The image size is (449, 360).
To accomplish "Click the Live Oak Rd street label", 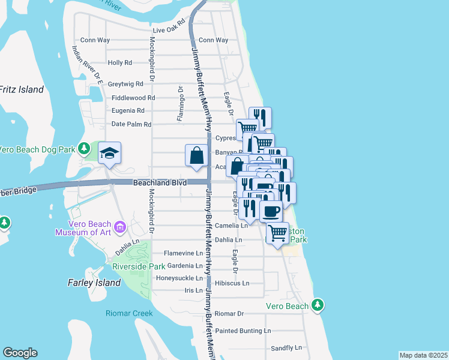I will pyautogui.click(x=170, y=29).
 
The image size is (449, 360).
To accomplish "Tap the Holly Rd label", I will pyautogui.click(x=120, y=62).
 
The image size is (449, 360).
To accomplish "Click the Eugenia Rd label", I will pyautogui.click(x=128, y=110).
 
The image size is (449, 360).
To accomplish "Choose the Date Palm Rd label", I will pyautogui.click(x=131, y=124).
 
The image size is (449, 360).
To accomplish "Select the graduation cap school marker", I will pyautogui.click(x=110, y=154).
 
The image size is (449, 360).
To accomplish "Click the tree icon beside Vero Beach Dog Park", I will pyautogui.click(x=85, y=148).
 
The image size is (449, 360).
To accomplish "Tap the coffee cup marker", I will pyautogui.click(x=271, y=211).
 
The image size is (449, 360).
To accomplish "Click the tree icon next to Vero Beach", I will pyautogui.click(x=318, y=305).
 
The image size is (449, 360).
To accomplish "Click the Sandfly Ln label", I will pyautogui.click(x=286, y=347).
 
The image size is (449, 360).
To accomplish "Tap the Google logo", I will pyautogui.click(x=20, y=353).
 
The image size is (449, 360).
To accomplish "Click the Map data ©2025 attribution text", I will pyautogui.click(x=423, y=355).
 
